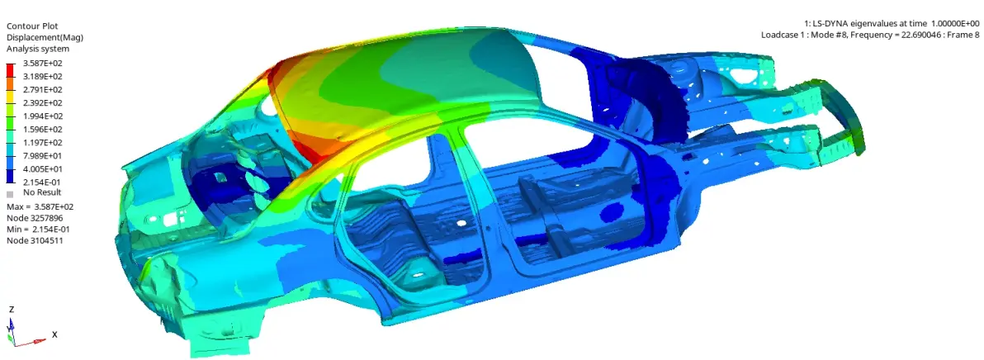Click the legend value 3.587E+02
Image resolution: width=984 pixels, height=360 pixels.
pyautogui.click(x=43, y=64)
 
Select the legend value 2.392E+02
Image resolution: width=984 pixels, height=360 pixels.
pyautogui.click(x=43, y=103)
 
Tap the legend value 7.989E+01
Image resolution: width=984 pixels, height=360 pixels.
pyautogui.click(x=43, y=155)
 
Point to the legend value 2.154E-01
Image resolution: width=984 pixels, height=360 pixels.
pyautogui.click(x=43, y=182)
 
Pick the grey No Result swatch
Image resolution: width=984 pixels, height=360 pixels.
pyautogui.click(x=10, y=194)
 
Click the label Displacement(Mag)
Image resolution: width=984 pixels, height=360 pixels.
pyautogui.click(x=45, y=37)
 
